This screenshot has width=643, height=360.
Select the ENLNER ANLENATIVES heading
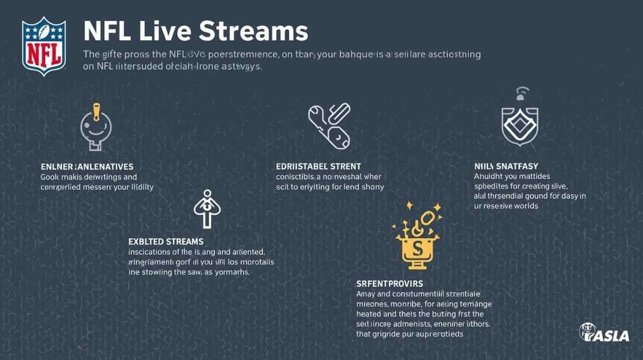click(87, 167)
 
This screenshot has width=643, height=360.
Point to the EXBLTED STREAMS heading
click(166, 242)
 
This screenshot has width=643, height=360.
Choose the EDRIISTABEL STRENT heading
click(318, 167)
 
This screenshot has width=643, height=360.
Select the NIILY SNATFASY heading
click(506, 167)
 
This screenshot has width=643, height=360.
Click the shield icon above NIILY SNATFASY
click(519, 125)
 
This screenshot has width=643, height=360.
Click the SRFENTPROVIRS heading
click(390, 283)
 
